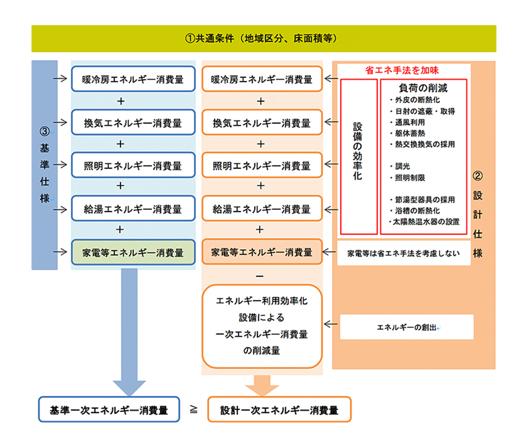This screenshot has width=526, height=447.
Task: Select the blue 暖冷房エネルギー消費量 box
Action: pyautogui.click(x=133, y=79)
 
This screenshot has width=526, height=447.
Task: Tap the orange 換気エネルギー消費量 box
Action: pyautogui.click(x=262, y=123)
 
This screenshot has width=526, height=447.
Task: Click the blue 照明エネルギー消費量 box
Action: pyautogui.click(x=133, y=165)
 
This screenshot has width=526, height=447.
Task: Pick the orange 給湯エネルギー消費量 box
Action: pyautogui.click(x=262, y=209)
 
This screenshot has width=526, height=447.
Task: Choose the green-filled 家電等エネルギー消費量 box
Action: pyautogui.click(x=133, y=252)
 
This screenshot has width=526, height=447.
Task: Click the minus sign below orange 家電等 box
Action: pyautogui.click(x=260, y=276)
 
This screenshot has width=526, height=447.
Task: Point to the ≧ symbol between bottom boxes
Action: pyautogui.click(x=194, y=409)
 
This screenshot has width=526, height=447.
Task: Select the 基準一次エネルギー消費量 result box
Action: pyautogui.click(x=109, y=410)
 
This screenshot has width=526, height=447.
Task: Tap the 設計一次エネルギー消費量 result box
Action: pyautogui.click(x=279, y=410)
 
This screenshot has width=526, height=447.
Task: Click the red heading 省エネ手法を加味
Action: pyautogui.click(x=402, y=70)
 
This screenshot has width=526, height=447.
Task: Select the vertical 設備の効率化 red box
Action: pyautogui.click(x=358, y=156)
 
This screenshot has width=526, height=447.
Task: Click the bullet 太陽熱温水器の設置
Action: pyautogui.click(x=424, y=222)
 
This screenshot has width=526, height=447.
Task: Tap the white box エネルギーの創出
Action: pyautogui.click(x=407, y=327)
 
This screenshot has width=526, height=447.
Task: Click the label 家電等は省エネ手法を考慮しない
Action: pyautogui.click(x=404, y=253)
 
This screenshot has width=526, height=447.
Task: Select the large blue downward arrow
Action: pyautogui.click(x=129, y=330)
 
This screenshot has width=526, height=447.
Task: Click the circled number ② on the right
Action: pyautogui.click(x=478, y=176)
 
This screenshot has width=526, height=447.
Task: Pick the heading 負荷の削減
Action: pyautogui.click(x=423, y=88)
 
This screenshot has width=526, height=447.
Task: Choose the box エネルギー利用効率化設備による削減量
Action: pyautogui.click(x=262, y=326)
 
